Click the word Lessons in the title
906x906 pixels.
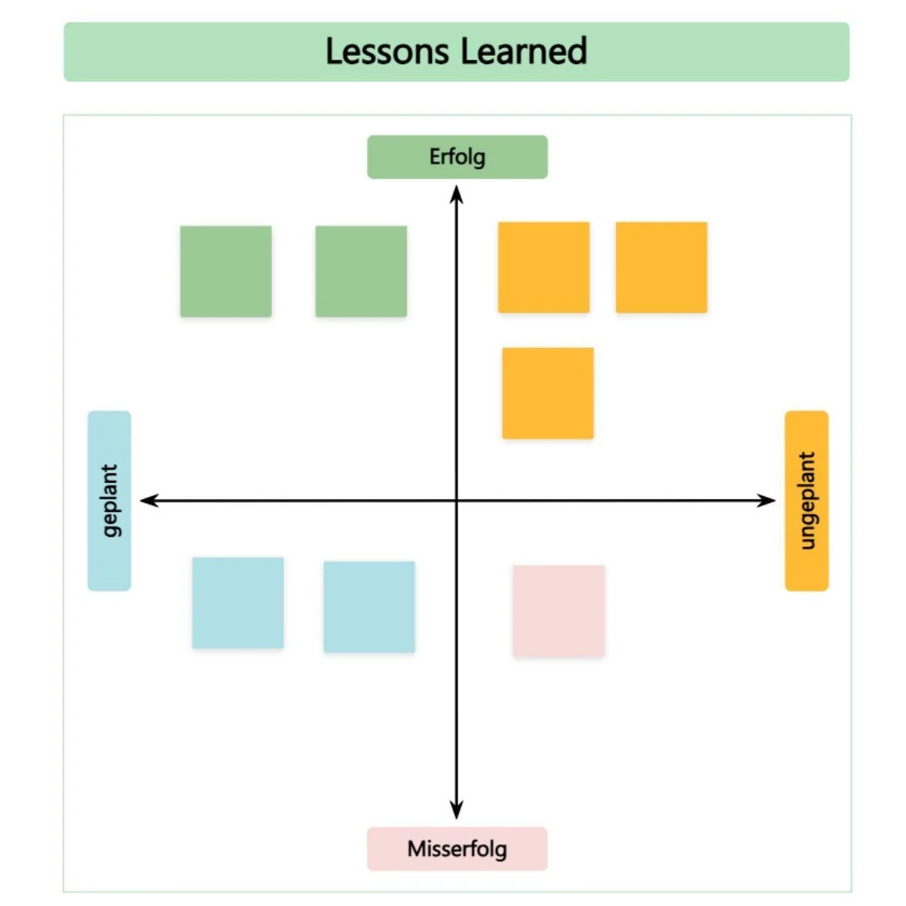click(x=387, y=51)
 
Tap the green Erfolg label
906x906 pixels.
click(x=457, y=157)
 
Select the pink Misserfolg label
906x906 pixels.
click(x=457, y=849)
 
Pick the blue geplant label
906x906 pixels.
click(x=109, y=500)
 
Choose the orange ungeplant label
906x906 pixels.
click(x=806, y=500)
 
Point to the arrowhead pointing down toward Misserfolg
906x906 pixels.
click(x=456, y=810)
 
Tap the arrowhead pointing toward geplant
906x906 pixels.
click(x=149, y=500)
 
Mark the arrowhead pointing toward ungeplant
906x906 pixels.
click(x=766, y=500)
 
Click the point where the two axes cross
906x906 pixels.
click(x=456, y=500)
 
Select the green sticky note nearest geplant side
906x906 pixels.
click(x=226, y=271)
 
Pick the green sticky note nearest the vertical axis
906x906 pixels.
click(x=361, y=271)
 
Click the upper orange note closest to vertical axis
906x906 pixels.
click(x=544, y=267)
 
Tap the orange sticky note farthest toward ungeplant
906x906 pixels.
click(x=661, y=267)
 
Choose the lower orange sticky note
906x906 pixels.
click(x=547, y=393)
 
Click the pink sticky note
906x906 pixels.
click(x=559, y=611)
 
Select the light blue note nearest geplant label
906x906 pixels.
click(x=238, y=602)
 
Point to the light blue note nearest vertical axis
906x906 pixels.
click(x=369, y=606)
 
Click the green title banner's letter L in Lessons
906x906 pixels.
click(x=333, y=51)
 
